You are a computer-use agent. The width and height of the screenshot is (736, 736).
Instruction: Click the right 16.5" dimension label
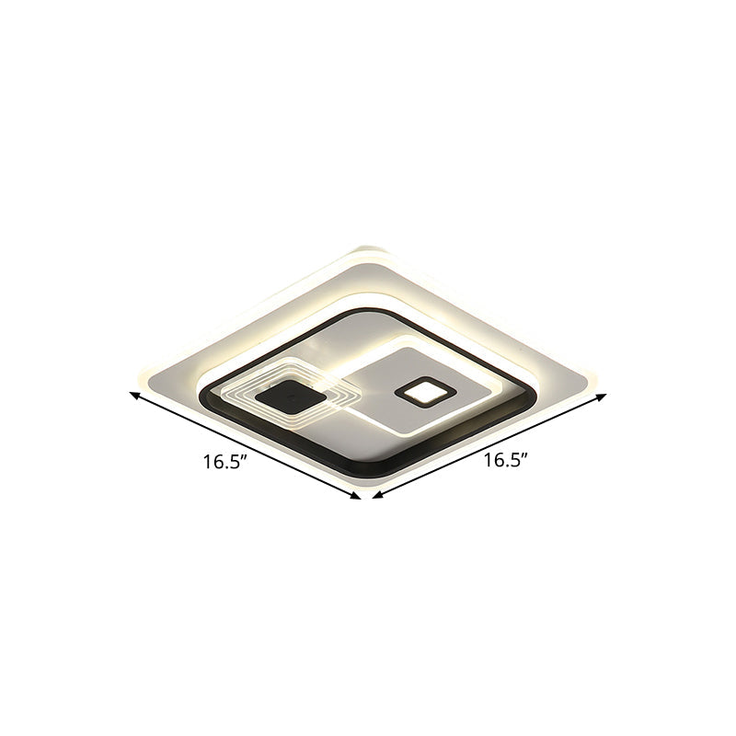507,462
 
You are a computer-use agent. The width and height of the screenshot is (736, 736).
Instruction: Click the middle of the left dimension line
247,447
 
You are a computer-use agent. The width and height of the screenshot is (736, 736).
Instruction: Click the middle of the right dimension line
489,447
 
